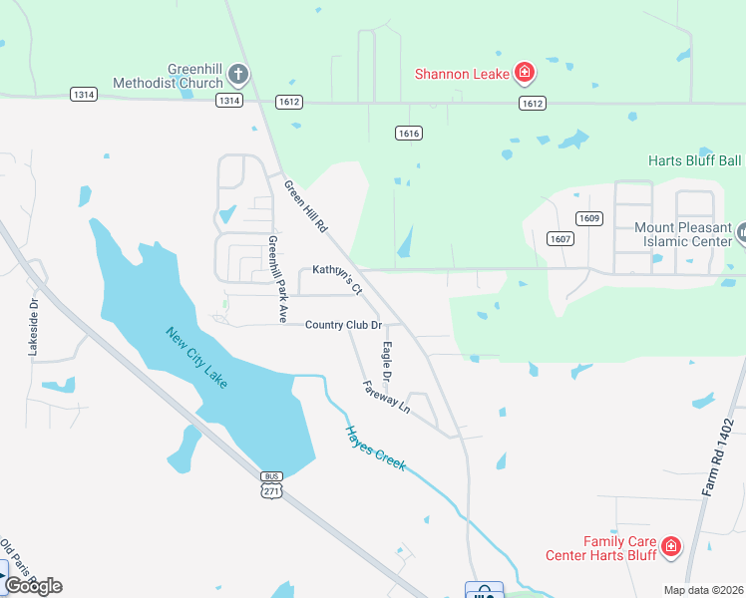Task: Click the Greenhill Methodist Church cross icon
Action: pyautogui.click(x=237, y=74)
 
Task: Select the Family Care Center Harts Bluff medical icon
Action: pyautogui.click(x=671, y=546)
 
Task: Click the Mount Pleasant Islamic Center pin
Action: pyautogui.click(x=742, y=233)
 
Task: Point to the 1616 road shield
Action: pyautogui.click(x=407, y=134)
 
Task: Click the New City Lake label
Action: pyautogui.click(x=197, y=358)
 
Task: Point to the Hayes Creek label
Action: pyautogui.click(x=376, y=448)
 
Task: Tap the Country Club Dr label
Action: pyautogui.click(x=344, y=325)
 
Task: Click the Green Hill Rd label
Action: pyautogui.click(x=306, y=206)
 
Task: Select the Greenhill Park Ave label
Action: pyautogui.click(x=277, y=278)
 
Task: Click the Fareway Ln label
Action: pyautogui.click(x=387, y=397)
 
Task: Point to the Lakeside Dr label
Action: pyautogui.click(x=33, y=329)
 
